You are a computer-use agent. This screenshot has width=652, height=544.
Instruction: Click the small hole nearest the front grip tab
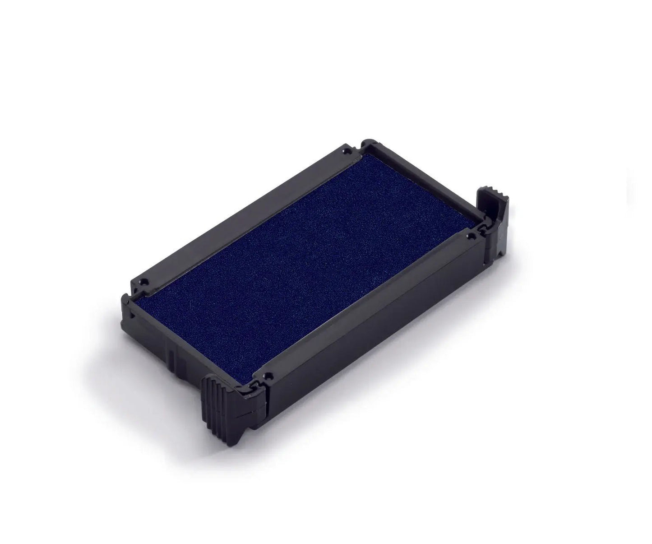(269, 374)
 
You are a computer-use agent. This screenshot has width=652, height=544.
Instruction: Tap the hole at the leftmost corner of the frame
(145, 282)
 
